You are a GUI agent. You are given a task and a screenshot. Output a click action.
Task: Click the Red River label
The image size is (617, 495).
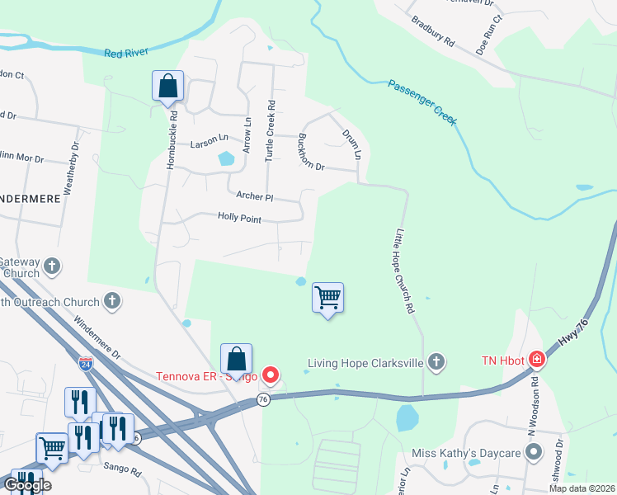tap(126, 53)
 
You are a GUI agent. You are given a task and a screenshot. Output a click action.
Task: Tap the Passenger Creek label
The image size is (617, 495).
tap(422, 102)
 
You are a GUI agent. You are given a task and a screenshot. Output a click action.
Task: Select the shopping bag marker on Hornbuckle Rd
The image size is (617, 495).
tap(167, 87)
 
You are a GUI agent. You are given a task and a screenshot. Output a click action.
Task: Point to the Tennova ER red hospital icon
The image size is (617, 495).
tap(271, 376)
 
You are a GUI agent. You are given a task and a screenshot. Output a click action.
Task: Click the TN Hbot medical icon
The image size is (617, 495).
tap(537, 360)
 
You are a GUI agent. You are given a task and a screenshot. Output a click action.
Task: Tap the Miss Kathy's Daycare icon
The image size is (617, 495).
tap(534, 452)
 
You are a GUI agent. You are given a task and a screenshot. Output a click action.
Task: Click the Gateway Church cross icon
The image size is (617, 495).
tap(52, 266)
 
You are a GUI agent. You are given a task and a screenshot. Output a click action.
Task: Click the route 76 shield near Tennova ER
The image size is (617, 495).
tap(263, 399)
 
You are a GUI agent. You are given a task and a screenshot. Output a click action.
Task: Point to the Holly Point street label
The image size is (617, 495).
tap(239, 217)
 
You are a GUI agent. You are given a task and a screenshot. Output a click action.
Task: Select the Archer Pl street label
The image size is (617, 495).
tap(254, 196)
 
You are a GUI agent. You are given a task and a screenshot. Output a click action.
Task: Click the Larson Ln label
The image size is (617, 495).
tap(209, 142)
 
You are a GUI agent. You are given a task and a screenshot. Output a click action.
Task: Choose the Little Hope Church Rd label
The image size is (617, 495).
tap(404, 271)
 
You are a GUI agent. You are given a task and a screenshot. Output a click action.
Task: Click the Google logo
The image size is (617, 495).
tap(27, 484)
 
